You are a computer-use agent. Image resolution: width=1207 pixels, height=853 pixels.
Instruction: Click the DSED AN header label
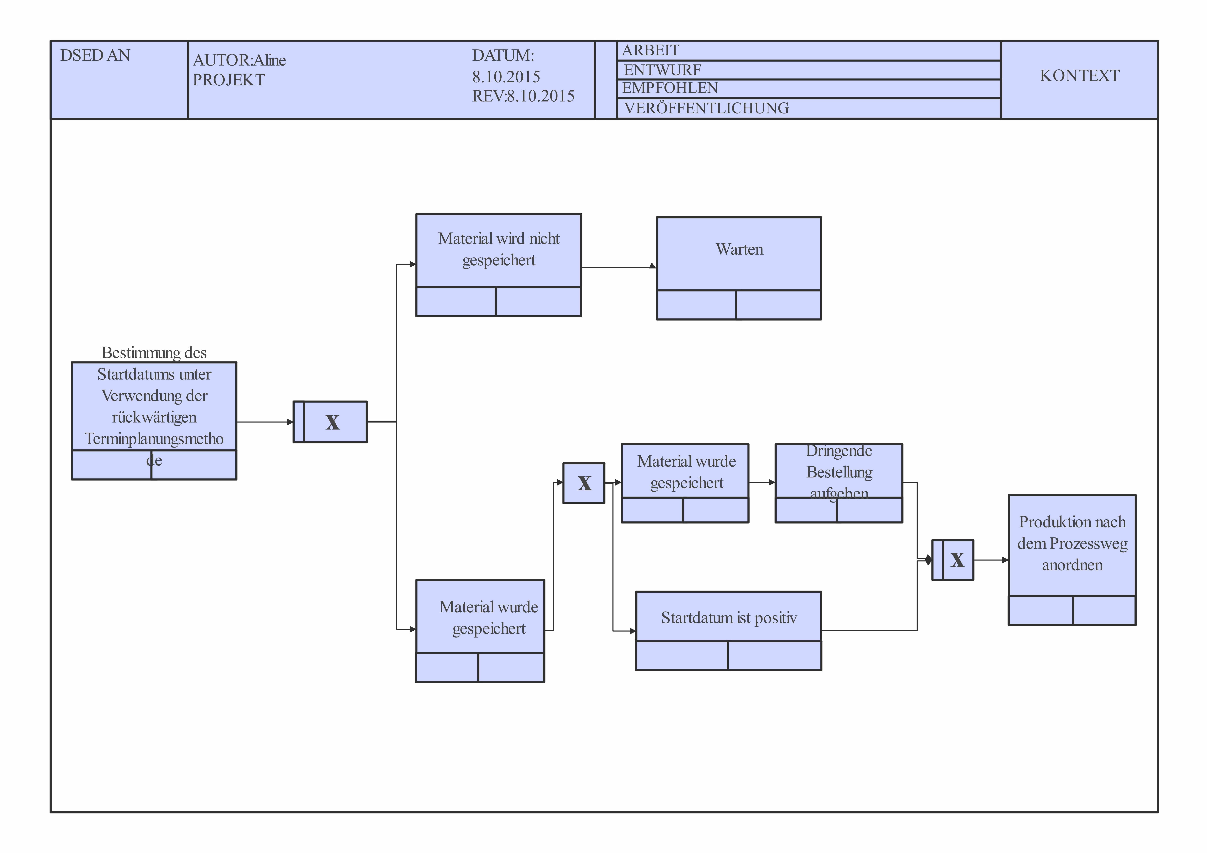tap(95, 55)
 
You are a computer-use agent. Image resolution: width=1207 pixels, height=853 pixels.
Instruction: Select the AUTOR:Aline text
tap(239, 60)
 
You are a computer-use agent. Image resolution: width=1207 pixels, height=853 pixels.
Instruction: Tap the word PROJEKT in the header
tap(229, 80)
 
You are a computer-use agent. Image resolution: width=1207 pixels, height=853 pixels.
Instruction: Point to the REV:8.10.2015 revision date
tap(523, 96)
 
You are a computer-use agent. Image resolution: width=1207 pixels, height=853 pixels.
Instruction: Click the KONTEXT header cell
tap(1079, 76)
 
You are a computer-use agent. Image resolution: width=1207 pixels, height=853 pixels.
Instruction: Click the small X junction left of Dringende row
tap(584, 483)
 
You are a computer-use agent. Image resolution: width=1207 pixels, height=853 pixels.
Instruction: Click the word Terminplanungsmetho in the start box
tap(154, 439)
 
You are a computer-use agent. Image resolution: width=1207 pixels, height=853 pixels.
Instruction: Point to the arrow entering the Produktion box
tap(991, 560)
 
